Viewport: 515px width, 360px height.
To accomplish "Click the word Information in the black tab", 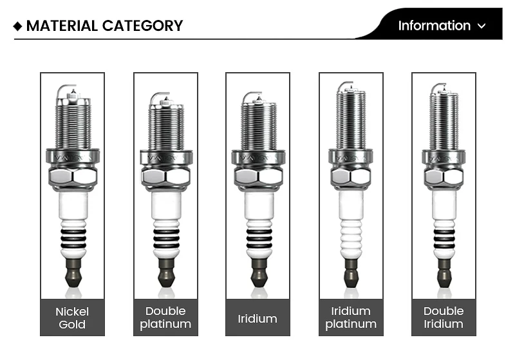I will [434, 26].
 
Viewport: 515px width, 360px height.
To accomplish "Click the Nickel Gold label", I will [72, 317].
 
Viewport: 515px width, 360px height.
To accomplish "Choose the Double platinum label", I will [165, 317].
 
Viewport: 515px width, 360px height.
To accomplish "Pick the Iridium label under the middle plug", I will [257, 318].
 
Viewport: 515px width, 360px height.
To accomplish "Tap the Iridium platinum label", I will [351, 317].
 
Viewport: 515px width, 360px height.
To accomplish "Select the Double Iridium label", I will [444, 317].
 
